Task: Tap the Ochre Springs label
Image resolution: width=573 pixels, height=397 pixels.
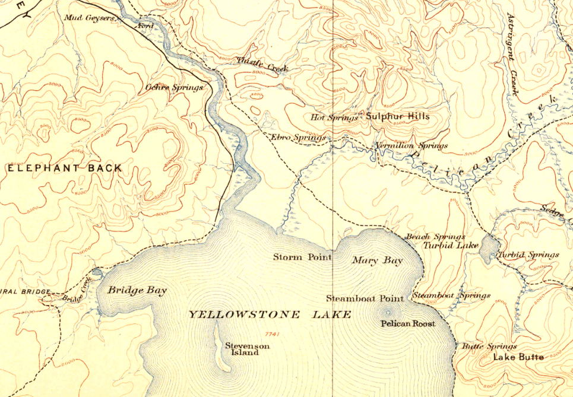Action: tap(174, 87)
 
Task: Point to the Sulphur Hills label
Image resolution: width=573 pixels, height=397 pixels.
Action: tap(397, 116)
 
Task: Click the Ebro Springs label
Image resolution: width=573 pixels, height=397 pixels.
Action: tap(298, 138)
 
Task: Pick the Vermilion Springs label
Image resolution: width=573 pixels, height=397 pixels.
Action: tap(411, 145)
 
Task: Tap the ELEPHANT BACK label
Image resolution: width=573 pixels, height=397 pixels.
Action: tap(65, 169)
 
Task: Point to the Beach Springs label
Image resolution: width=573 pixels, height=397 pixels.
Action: tap(435, 237)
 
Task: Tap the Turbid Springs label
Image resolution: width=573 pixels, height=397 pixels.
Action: tap(528, 255)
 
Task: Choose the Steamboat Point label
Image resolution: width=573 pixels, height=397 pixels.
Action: tap(365, 298)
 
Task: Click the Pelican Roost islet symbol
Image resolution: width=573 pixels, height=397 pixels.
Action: tap(389, 311)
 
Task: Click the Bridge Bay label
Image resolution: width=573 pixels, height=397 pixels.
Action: tap(137, 290)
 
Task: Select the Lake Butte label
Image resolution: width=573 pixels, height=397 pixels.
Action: tap(518, 357)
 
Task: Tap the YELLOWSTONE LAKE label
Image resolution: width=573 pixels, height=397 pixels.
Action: tap(270, 314)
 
